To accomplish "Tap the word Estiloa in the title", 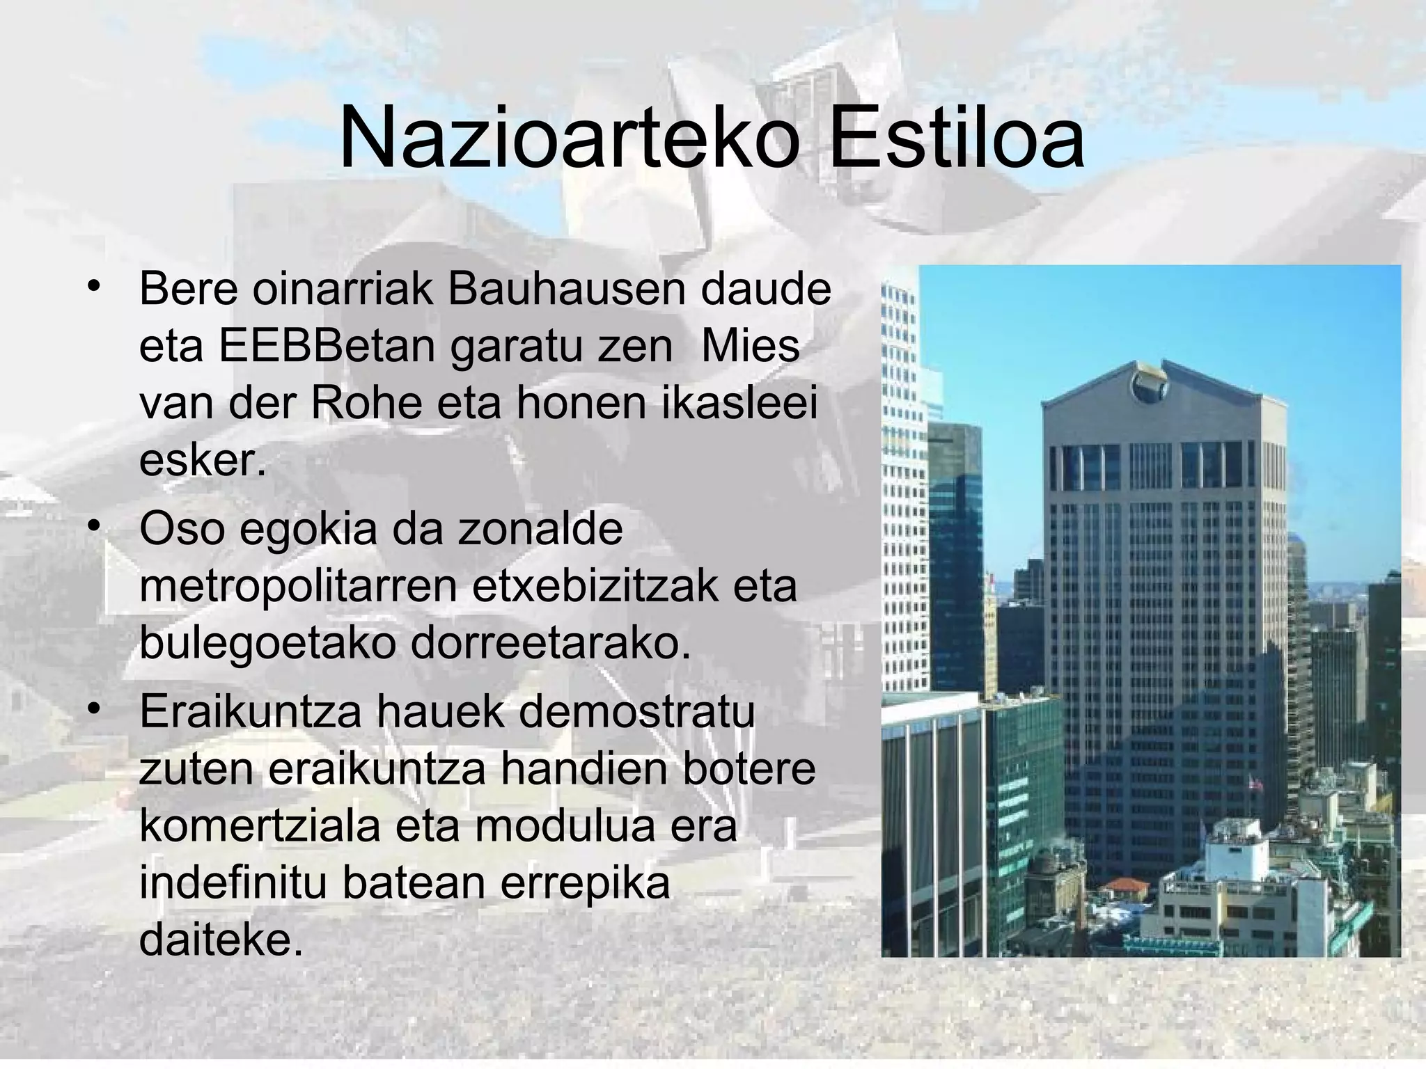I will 955,139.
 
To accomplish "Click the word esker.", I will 202,461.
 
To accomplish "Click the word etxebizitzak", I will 595,587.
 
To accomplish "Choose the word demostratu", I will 637,711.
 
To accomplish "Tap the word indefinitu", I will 233,883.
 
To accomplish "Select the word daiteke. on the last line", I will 221,940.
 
